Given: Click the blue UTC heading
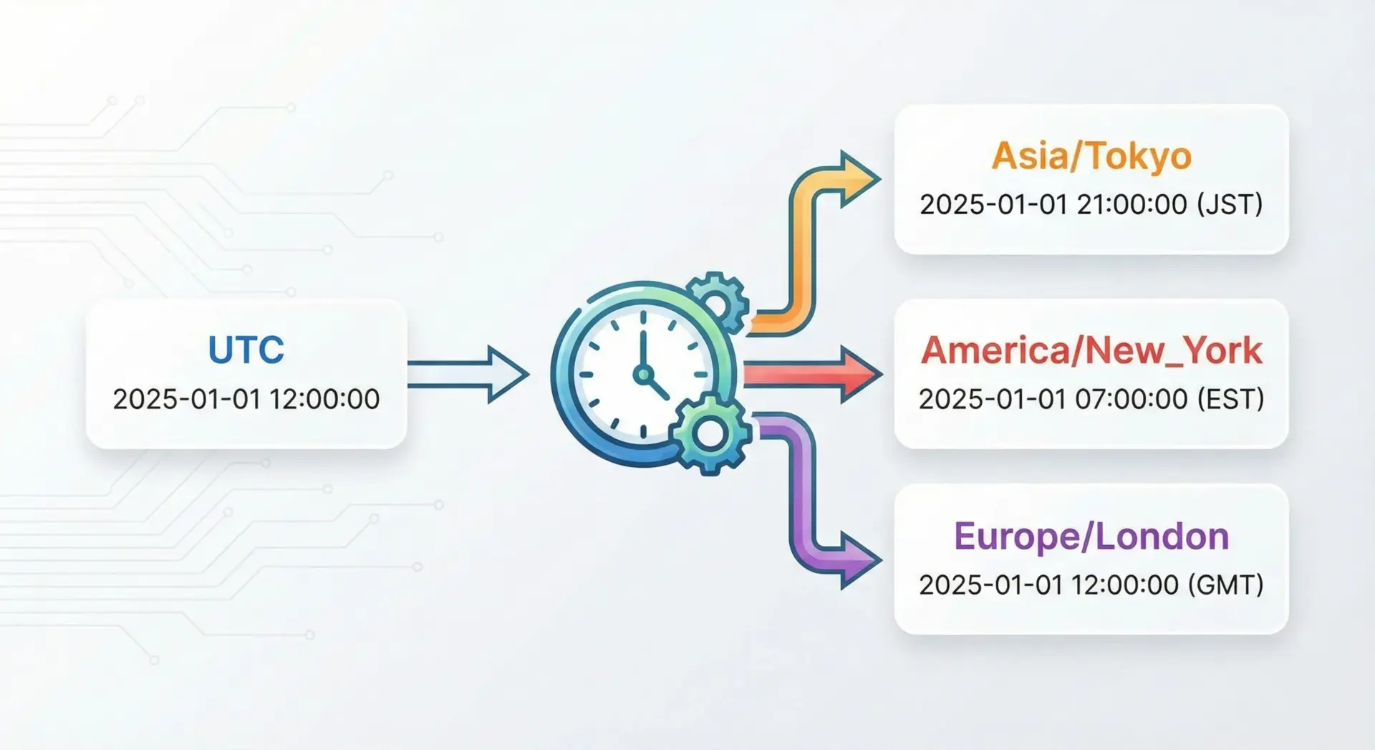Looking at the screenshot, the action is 246,350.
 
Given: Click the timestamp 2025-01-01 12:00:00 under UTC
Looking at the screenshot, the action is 246,399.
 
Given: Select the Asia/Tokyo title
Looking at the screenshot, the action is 1091,156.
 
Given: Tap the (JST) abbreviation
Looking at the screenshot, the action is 1230,204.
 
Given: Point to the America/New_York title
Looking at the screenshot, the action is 1091,350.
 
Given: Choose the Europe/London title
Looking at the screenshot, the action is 1091,537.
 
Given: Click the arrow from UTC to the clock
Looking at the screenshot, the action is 468,374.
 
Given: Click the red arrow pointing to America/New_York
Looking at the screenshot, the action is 813,374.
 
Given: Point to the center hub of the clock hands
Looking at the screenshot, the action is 642,374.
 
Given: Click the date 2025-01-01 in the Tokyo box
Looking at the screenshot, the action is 995,204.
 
